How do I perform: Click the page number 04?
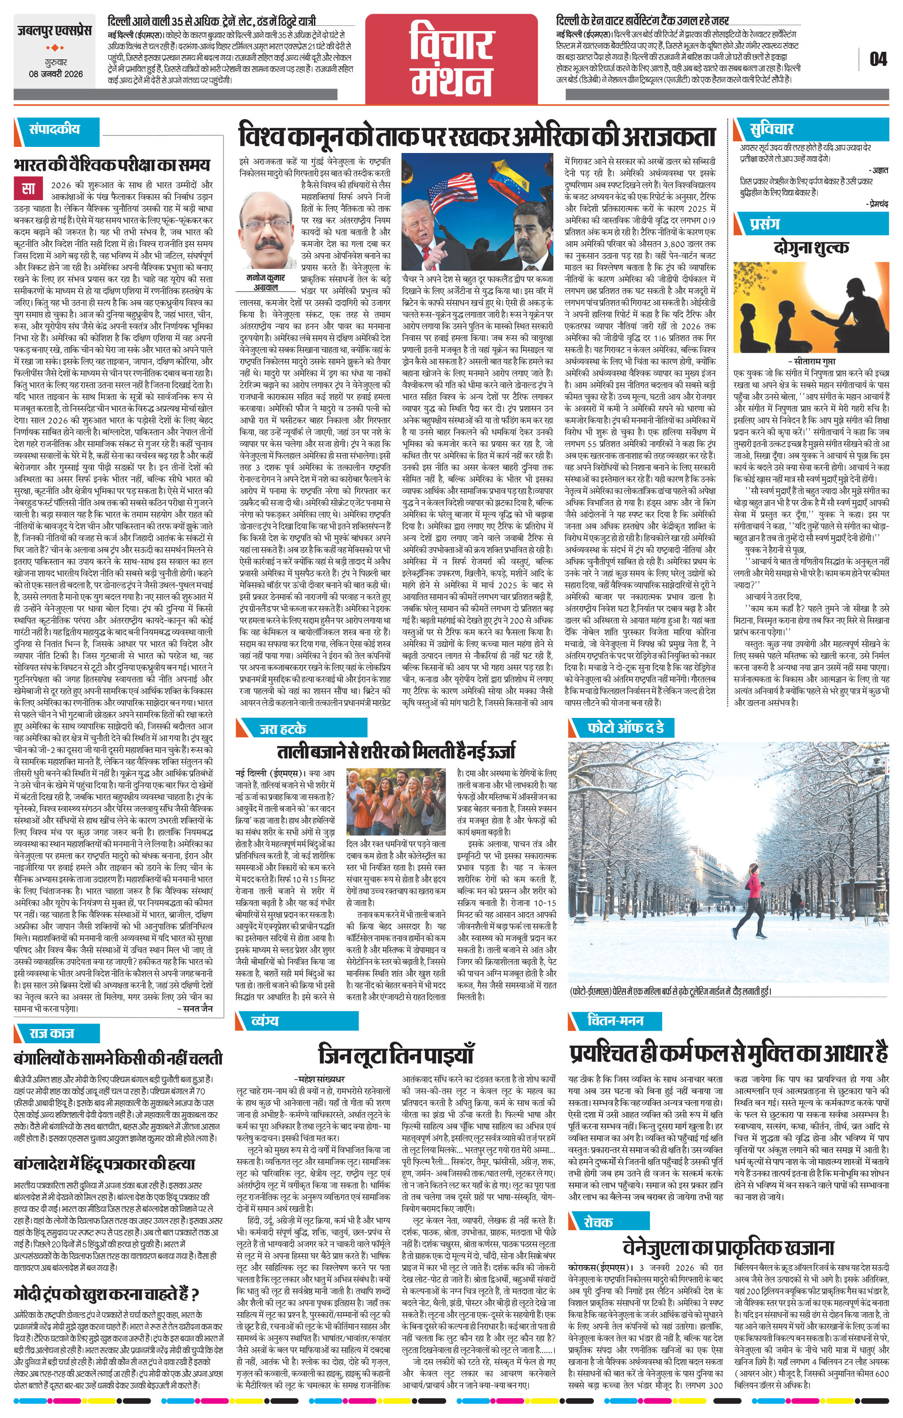click(x=878, y=59)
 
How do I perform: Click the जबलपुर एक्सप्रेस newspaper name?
click(x=55, y=31)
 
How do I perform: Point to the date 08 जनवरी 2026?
click(x=56, y=74)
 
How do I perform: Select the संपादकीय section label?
click(x=55, y=129)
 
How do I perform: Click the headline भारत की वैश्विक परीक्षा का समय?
click(x=112, y=164)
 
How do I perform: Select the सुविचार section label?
click(x=771, y=129)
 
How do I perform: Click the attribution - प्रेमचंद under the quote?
click(x=877, y=203)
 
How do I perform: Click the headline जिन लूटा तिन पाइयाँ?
click(x=396, y=1054)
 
